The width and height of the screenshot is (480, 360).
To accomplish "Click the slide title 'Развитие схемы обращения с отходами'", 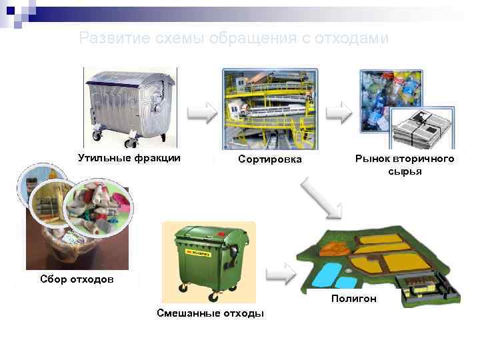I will [x=233, y=38].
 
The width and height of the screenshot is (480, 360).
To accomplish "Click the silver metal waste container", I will [x=131, y=107].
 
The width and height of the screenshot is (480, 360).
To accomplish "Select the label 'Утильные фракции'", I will [x=129, y=158].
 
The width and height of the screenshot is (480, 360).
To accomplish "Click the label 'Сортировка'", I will [x=270, y=159].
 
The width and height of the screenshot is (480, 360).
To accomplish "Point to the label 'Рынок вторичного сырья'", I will [x=404, y=165].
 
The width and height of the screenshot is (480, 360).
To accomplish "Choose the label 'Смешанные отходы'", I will [x=210, y=313].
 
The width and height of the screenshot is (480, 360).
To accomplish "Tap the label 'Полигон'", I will [x=353, y=299].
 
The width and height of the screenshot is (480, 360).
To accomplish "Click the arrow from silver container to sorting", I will [x=201, y=113].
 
